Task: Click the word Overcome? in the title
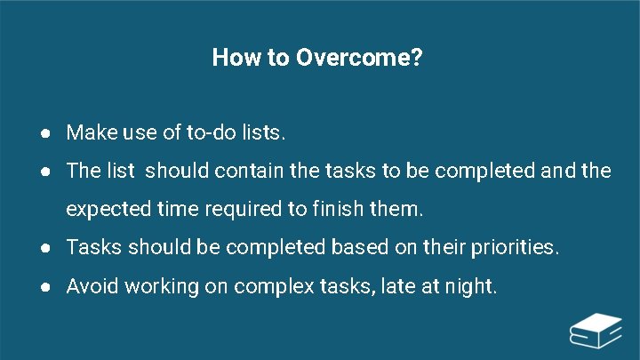point(359,59)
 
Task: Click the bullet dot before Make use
point(44,134)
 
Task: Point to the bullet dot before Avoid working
point(44,287)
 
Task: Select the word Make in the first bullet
point(87,133)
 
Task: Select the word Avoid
point(92,286)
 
